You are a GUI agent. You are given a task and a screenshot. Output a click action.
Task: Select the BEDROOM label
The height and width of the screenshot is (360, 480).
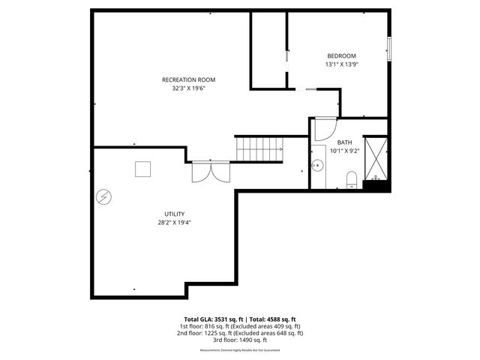click(x=341, y=56)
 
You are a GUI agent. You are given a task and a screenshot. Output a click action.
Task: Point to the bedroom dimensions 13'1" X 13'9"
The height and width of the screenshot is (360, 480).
click(x=341, y=64)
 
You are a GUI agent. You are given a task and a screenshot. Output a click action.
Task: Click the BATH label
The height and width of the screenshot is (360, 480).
click(x=344, y=142)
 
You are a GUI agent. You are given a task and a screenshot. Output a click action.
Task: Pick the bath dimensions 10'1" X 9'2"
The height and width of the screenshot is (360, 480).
click(x=344, y=150)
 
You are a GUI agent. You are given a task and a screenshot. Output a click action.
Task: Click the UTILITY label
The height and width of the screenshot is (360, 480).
click(x=174, y=214)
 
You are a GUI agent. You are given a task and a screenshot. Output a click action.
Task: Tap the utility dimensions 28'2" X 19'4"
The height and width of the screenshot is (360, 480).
click(x=174, y=222)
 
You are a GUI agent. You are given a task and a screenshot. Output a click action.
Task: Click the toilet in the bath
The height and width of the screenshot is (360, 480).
click(x=351, y=178)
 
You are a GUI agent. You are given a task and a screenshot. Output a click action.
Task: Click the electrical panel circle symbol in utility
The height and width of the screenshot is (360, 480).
click(x=104, y=198)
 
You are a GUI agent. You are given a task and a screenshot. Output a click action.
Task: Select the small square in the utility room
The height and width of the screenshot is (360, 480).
click(x=143, y=169)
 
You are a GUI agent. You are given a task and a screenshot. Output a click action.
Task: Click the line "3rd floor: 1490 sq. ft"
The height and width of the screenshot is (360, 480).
click(x=240, y=340)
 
